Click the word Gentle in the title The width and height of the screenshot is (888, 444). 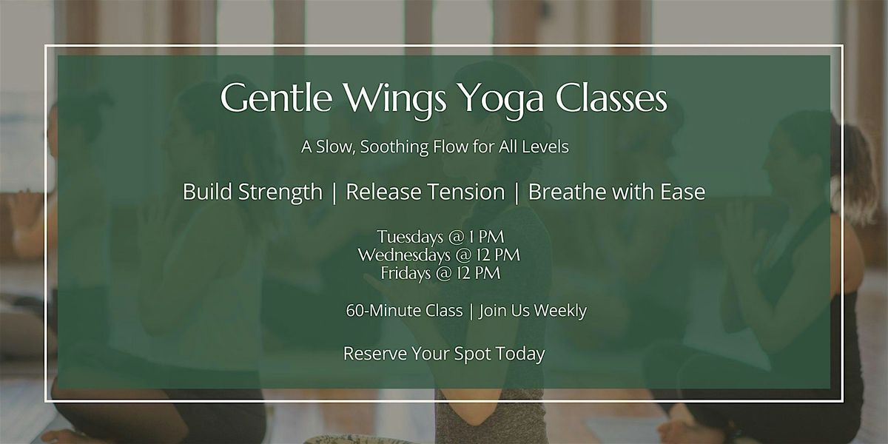(x=276, y=97)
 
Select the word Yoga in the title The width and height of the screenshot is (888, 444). (x=502, y=100)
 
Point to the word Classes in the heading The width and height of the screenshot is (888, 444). (x=611, y=97)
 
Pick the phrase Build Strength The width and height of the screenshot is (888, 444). (x=252, y=192)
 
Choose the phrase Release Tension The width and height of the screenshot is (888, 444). (x=425, y=192)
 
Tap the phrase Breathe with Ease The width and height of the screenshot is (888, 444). (x=616, y=192)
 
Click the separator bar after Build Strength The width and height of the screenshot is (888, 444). (x=334, y=193)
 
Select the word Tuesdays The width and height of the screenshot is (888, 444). (x=410, y=237)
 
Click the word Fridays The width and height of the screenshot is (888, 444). (x=406, y=273)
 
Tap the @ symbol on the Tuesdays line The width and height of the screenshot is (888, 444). (x=456, y=237)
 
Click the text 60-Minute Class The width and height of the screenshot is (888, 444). (x=404, y=310)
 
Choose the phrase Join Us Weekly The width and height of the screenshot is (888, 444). (x=533, y=311)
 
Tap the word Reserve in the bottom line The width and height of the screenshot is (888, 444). (x=374, y=353)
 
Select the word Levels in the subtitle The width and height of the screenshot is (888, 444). (x=545, y=147)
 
